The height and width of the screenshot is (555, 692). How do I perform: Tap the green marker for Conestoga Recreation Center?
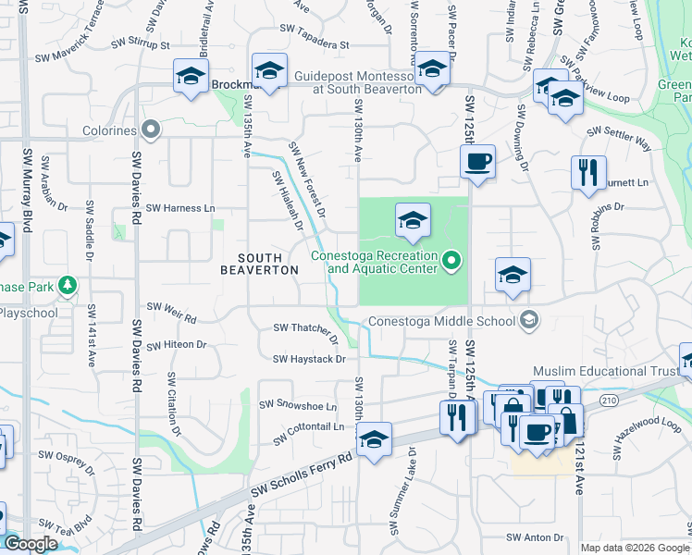[x=451, y=262]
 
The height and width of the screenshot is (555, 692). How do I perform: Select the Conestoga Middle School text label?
[x=440, y=322]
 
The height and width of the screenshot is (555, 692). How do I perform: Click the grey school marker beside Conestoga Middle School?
[x=528, y=321]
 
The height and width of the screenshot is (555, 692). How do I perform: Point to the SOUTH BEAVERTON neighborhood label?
[x=259, y=263]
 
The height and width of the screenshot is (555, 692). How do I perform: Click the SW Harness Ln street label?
[x=180, y=208]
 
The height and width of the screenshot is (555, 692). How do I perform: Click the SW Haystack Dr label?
[x=308, y=359]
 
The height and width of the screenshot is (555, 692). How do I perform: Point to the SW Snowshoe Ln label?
[x=297, y=405]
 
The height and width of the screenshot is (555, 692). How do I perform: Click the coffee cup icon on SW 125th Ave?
[x=477, y=163]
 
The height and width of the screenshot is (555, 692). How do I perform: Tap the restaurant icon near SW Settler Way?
[x=588, y=172]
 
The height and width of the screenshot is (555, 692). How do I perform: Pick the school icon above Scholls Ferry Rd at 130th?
[x=374, y=440]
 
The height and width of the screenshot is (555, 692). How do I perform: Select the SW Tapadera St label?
[x=316, y=43]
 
